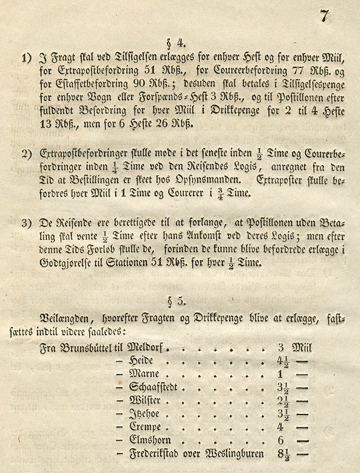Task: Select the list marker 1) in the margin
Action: pyautogui.click(x=26, y=59)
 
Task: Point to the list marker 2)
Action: pyautogui.click(x=26, y=154)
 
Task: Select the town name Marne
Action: pyautogui.click(x=145, y=374)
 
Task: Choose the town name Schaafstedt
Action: pyautogui.click(x=157, y=388)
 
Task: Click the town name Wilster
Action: pyautogui.click(x=148, y=401)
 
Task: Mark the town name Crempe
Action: pyautogui.click(x=147, y=427)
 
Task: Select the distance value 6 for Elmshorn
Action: pyautogui.click(x=281, y=441)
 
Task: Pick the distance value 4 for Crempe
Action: pyautogui.click(x=281, y=427)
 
